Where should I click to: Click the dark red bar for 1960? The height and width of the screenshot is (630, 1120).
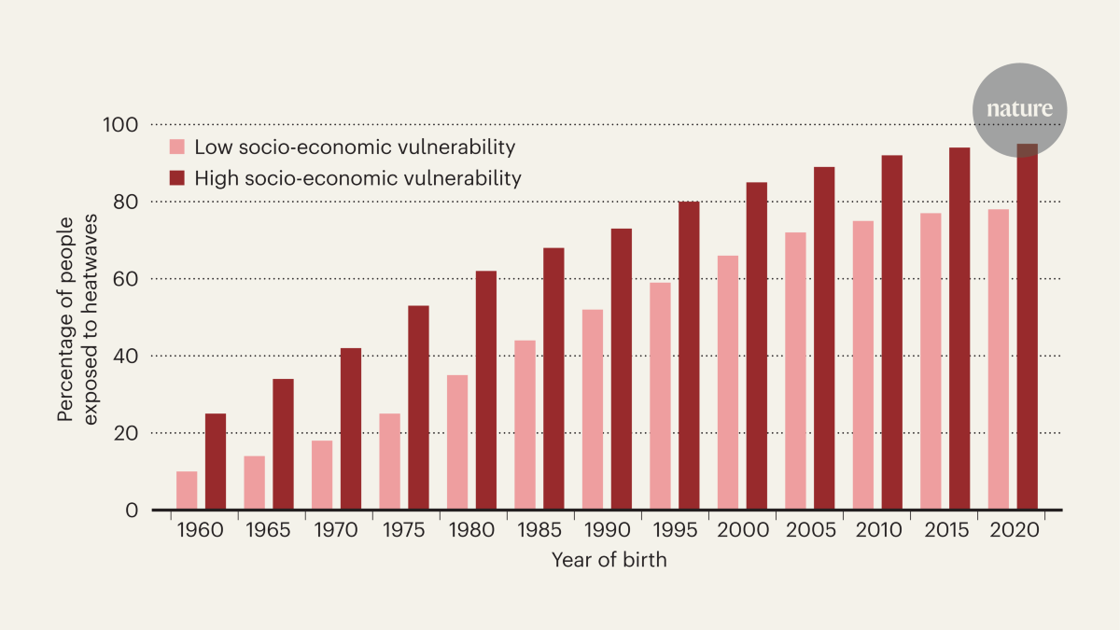tap(216, 462)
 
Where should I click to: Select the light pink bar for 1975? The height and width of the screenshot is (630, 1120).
tap(389, 462)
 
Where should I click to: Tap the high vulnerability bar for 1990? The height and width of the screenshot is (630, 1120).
tap(621, 370)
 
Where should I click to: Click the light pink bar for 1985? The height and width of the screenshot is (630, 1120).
tap(525, 426)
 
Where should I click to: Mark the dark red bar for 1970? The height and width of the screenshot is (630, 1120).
tap(351, 429)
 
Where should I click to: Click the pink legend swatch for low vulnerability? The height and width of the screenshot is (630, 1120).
tap(176, 147)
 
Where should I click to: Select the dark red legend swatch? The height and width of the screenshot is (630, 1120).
tap(176, 177)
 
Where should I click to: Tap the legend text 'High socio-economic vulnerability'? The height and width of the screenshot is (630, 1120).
tap(357, 177)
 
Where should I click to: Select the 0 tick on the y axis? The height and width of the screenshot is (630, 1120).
tap(132, 511)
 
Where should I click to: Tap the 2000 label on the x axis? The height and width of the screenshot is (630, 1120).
tap(744, 531)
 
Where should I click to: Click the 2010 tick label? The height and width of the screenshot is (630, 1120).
tap(878, 531)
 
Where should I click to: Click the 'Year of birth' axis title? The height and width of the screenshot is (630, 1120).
tap(609, 561)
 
